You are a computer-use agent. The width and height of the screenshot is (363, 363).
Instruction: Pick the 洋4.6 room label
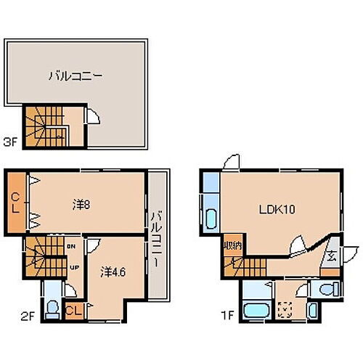[111, 272]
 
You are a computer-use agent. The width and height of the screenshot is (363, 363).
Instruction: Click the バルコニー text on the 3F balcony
[75, 74]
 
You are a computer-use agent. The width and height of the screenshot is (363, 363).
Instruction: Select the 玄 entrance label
[330, 256]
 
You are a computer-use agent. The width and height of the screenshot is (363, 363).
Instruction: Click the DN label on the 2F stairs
[72, 247]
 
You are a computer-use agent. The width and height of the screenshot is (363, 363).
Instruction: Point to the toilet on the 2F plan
[51, 306]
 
